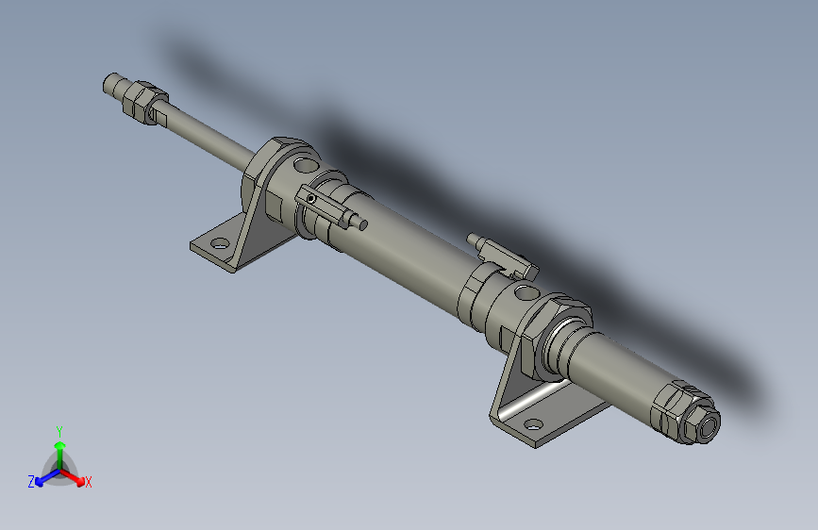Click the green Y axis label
tap(59, 429)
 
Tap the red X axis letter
tap(89, 482)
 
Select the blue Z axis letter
tap(31, 481)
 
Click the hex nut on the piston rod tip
tap(142, 102)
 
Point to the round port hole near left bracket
tap(301, 166)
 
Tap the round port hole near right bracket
tap(523, 291)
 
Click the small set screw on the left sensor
tap(311, 199)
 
